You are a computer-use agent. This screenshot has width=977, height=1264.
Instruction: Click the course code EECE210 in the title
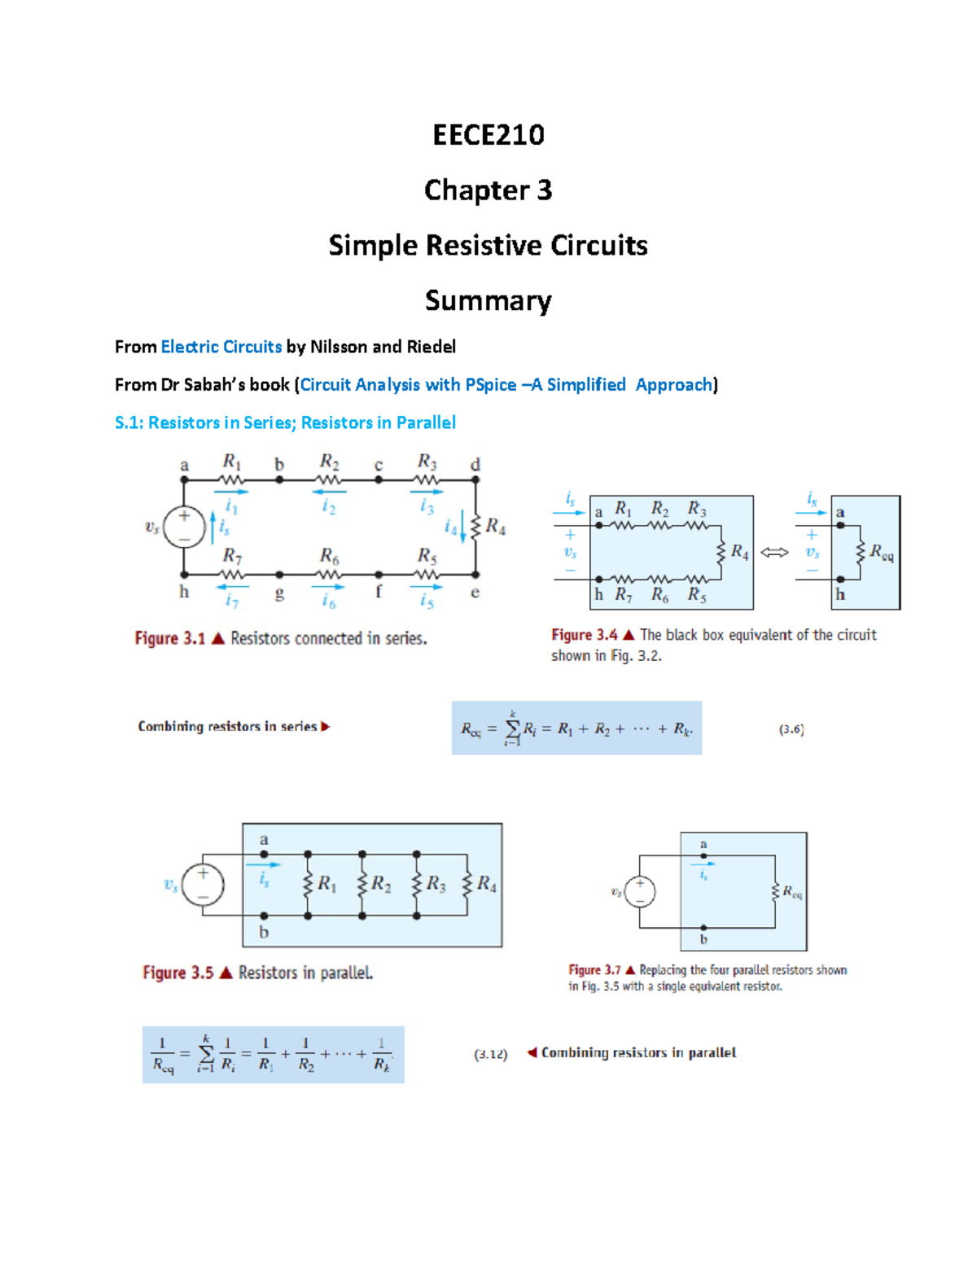(x=488, y=134)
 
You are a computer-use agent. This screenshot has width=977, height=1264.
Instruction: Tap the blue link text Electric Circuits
(x=221, y=347)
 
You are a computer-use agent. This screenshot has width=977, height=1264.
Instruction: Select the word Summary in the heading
(x=488, y=300)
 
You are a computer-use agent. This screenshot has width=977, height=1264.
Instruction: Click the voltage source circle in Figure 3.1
(x=184, y=527)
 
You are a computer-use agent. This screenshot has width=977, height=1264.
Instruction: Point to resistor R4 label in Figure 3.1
(x=495, y=527)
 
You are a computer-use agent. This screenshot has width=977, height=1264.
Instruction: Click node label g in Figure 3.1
(x=279, y=593)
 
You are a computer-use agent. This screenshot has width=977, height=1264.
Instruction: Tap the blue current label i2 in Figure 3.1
(x=328, y=506)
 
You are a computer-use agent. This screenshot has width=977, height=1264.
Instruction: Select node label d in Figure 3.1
(x=475, y=465)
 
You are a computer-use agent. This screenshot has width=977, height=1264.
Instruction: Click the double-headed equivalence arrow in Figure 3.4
(x=774, y=553)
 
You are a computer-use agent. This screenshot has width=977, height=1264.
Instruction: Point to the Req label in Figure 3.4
(x=881, y=553)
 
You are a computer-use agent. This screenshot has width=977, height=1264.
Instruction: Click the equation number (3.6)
(x=791, y=729)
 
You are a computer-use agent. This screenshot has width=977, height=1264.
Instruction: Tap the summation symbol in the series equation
(x=513, y=728)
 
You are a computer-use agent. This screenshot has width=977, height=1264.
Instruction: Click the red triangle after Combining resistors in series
(x=326, y=727)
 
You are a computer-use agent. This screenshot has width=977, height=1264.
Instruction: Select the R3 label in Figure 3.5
(x=436, y=883)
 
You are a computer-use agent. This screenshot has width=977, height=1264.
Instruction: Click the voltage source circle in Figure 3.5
(x=203, y=885)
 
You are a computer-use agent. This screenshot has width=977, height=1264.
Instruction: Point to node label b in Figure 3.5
(x=264, y=933)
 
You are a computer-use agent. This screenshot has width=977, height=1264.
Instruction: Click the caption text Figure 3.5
(x=178, y=973)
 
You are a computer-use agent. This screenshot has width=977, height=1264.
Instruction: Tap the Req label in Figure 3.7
(x=792, y=892)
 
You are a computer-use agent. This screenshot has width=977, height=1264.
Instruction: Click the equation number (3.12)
(x=491, y=1054)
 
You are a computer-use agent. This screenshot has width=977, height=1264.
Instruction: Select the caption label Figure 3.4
(x=585, y=635)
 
